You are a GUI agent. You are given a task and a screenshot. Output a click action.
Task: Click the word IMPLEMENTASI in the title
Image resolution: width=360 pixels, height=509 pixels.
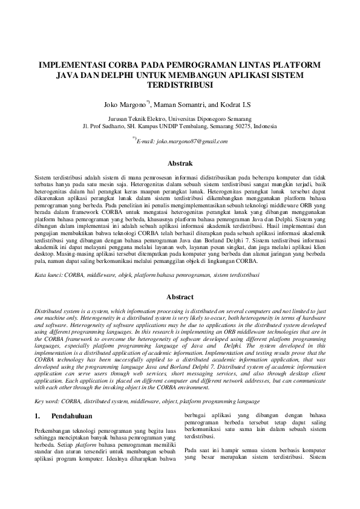[x=68, y=64]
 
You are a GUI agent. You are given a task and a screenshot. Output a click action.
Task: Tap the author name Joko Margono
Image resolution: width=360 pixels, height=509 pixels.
[x=123, y=105]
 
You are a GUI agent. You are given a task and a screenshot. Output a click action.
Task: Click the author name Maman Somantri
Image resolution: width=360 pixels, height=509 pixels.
[x=178, y=105]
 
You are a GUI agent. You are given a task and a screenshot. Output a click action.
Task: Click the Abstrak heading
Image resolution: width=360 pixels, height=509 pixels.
[x=180, y=163]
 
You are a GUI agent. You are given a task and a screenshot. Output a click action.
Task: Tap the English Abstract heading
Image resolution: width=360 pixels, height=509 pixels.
[x=180, y=297]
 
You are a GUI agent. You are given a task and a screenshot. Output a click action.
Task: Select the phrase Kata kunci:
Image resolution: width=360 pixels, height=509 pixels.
[x=49, y=275]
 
